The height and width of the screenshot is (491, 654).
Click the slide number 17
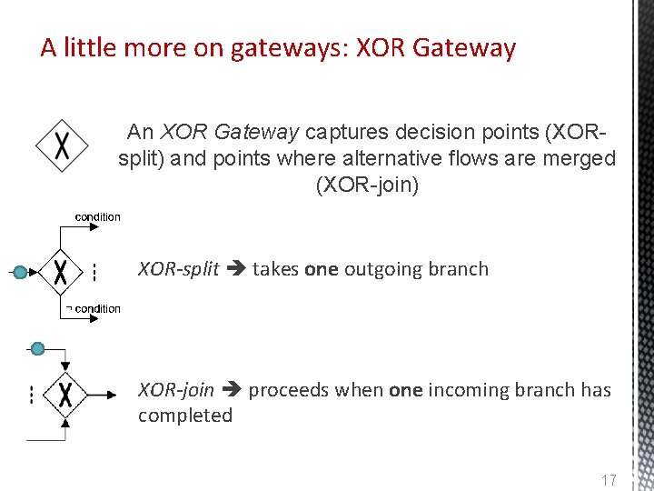pos(608,480)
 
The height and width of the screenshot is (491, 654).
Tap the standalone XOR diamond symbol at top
pos(62,146)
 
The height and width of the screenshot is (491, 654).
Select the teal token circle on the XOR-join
pos(37,348)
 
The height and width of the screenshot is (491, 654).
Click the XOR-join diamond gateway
pos(65,395)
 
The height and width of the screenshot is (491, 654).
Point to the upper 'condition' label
pos(97,216)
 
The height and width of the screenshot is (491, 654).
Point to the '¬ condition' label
pos(94,309)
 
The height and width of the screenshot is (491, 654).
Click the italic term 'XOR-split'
pos(178,269)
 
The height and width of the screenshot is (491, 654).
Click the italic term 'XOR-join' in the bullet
pos(176,390)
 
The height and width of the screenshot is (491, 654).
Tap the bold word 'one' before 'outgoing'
pos(321,269)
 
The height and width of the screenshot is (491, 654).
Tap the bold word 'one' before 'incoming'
pos(405,390)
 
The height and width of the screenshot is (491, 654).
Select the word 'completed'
pos(185,416)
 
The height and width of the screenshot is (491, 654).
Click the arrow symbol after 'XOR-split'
pos(235,269)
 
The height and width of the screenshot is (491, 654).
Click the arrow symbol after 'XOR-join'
pos(231,390)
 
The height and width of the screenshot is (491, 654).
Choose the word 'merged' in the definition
pos(583,159)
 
